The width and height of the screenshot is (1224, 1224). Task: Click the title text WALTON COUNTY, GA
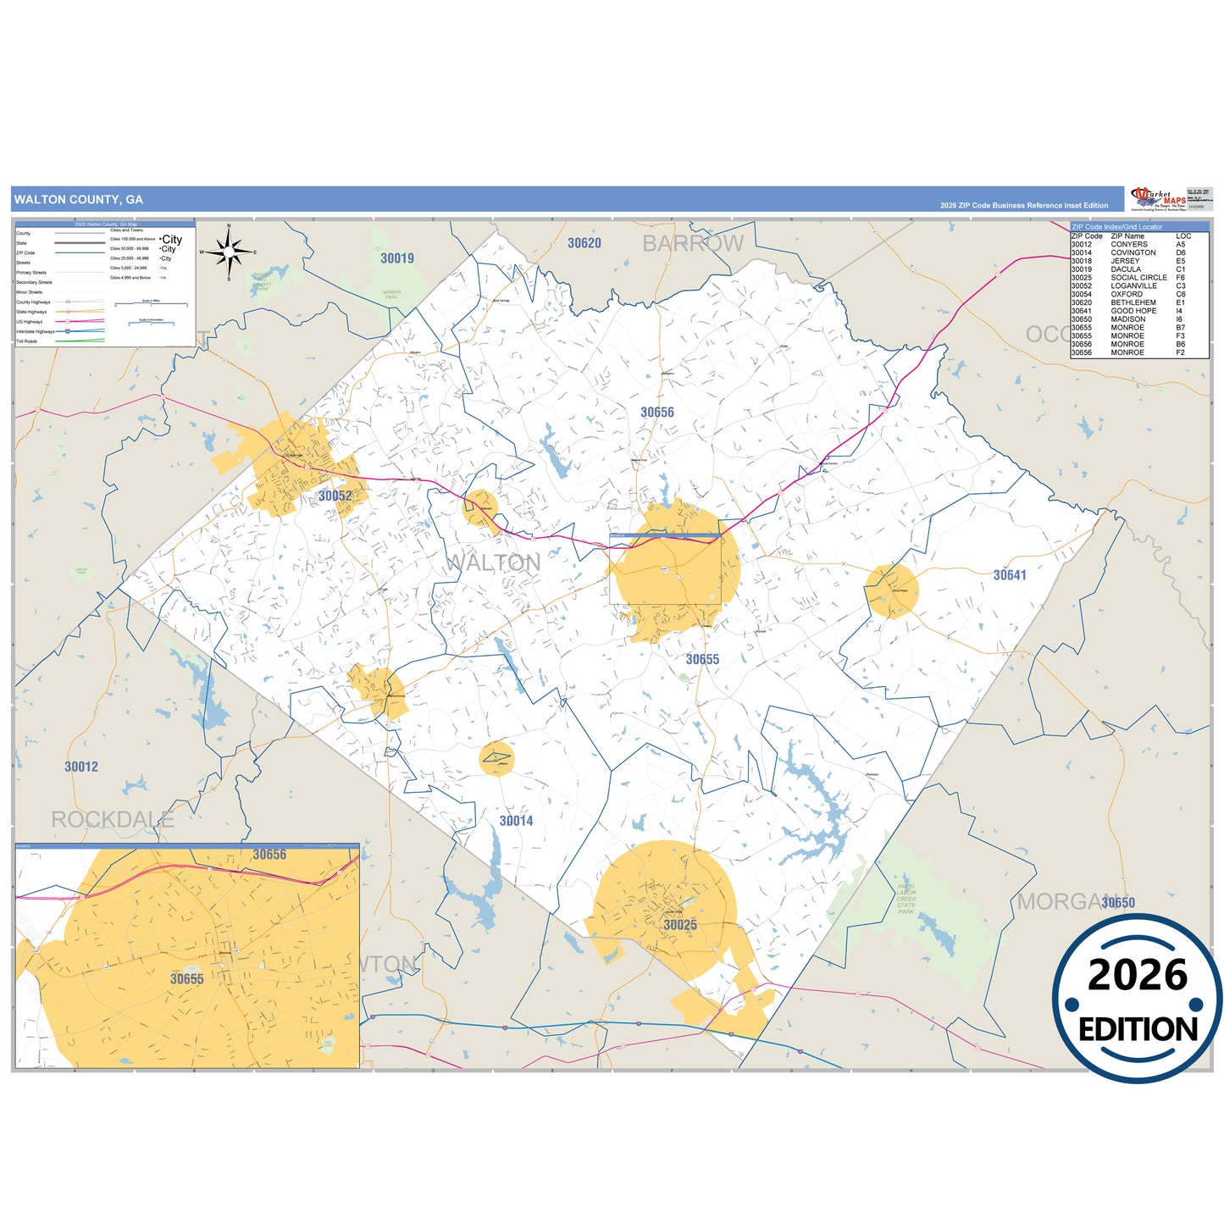pos(79,200)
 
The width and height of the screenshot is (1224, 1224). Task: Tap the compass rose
pos(229,252)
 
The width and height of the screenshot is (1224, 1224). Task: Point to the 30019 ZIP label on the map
pos(397,258)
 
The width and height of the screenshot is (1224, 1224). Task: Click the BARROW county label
pos(693,244)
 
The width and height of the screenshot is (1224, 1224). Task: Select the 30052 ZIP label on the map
pos(335,496)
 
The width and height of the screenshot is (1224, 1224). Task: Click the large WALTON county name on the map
pos(493,562)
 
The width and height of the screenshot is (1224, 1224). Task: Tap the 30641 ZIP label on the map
pos(1010,575)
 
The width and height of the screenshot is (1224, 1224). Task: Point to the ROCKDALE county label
pos(113,820)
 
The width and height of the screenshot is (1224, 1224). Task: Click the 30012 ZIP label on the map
pos(81,767)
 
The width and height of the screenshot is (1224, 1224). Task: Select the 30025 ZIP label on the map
pos(680,925)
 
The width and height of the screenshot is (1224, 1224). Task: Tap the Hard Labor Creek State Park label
pos(906,899)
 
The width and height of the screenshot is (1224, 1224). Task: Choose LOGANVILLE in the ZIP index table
pos(1133,286)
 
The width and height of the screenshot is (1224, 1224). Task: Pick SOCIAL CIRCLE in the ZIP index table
pos(1138,278)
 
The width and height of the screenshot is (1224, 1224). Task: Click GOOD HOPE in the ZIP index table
pos(1133,311)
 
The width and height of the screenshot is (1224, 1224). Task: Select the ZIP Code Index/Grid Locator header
pos(1118,227)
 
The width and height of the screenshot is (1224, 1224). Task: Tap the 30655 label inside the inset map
pos(187,979)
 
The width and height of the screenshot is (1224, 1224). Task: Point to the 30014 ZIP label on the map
pos(516,821)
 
